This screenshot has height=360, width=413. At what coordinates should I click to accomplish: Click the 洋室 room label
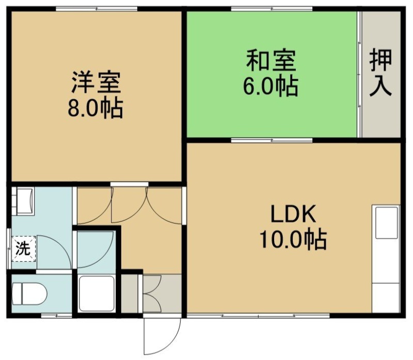tap(96, 82)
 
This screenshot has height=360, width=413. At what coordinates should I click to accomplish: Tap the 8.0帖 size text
tap(96, 108)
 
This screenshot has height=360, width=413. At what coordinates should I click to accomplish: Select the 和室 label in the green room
tap(272, 60)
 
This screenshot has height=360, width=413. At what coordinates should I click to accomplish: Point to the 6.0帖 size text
tap(271, 86)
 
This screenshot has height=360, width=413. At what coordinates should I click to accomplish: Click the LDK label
tap(293, 214)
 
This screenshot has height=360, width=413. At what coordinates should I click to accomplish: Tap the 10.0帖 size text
tap(293, 239)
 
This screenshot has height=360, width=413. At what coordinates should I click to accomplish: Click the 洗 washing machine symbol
tap(23, 249)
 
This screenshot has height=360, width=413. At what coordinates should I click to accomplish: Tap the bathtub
tap(97, 293)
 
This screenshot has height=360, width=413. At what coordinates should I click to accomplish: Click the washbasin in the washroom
tap(23, 201)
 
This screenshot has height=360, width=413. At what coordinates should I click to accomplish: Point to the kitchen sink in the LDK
tap(386, 223)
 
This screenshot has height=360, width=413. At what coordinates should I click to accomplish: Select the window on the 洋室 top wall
tap(97, 9)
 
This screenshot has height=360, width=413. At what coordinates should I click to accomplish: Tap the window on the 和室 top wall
tap(272, 9)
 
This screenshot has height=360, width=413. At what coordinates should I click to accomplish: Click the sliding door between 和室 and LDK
tap(272, 140)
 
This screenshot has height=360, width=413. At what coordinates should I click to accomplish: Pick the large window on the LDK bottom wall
tap(258, 316)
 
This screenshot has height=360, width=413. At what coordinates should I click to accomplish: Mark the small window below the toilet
tap(57, 316)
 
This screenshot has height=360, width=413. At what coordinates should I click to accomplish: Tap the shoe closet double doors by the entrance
tap(152, 293)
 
